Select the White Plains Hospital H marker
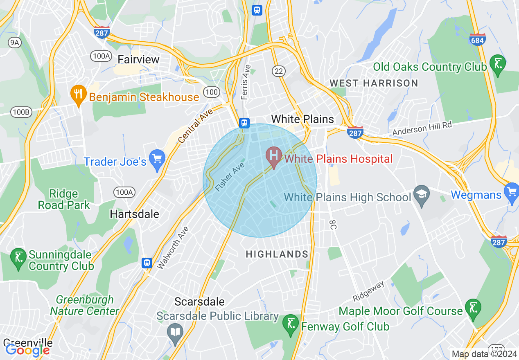[x=273, y=157]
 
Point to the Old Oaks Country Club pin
[x=498, y=65]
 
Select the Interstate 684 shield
[x=478, y=39]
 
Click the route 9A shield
[x=14, y=42]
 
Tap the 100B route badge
[x=21, y=112]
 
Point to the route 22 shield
[x=279, y=71]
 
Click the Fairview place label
[x=138, y=60]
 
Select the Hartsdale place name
[x=135, y=214]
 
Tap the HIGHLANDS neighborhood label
[x=277, y=254]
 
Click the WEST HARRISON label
[x=374, y=83]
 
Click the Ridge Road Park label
[x=64, y=199]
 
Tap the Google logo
[x=27, y=350]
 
